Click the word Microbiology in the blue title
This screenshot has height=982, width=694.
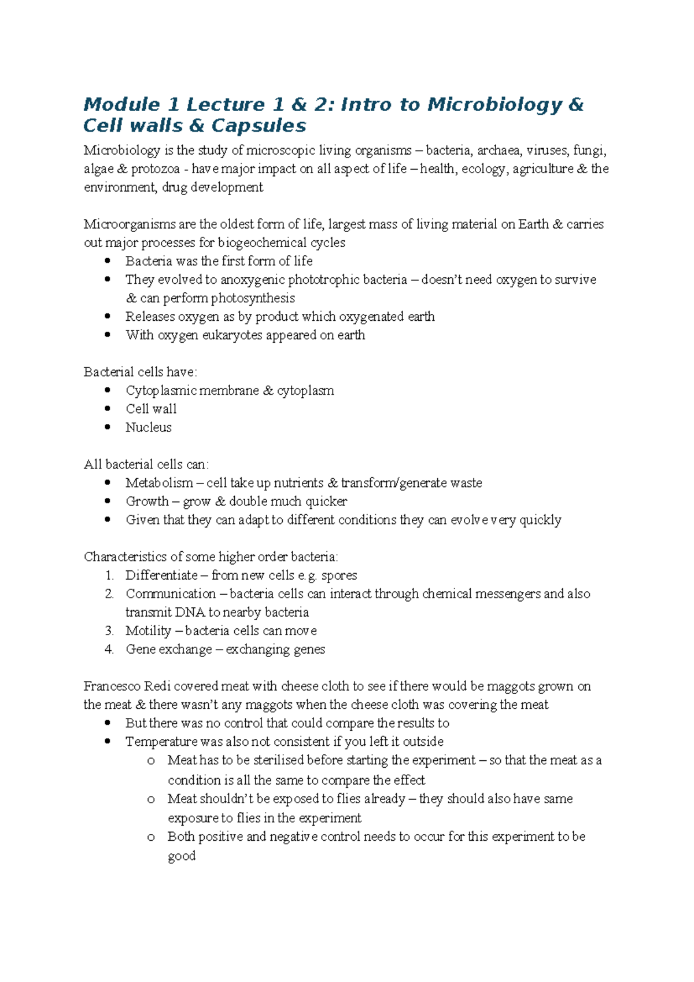[x=494, y=105]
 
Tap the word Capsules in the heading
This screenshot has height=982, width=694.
[x=259, y=126]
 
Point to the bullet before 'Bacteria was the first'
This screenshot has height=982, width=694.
[x=108, y=261]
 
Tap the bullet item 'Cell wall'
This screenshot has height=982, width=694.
[x=151, y=409]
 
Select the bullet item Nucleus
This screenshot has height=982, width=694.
[x=149, y=427]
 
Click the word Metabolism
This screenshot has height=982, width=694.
[x=159, y=483]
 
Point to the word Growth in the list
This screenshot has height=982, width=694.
[x=147, y=501]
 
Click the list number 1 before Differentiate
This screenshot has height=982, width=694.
[x=109, y=576]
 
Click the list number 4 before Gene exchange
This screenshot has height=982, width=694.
[x=109, y=650]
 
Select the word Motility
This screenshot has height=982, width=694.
[x=148, y=631]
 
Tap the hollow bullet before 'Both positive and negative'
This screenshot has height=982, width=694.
[x=151, y=837]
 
